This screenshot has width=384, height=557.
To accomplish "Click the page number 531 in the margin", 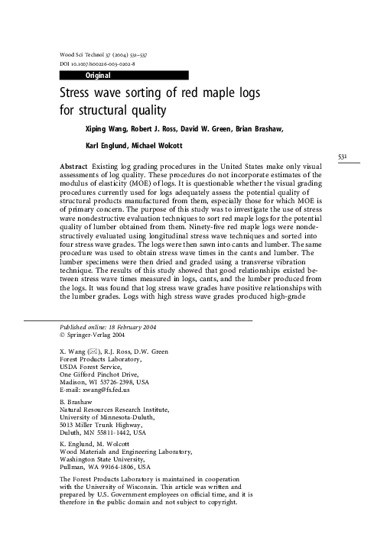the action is click(x=343, y=157).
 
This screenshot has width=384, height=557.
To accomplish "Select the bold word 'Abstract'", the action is click(x=73, y=165).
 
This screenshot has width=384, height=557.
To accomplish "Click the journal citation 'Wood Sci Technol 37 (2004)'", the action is click(x=99, y=57).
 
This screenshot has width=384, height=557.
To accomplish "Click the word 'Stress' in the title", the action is click(x=79, y=94).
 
